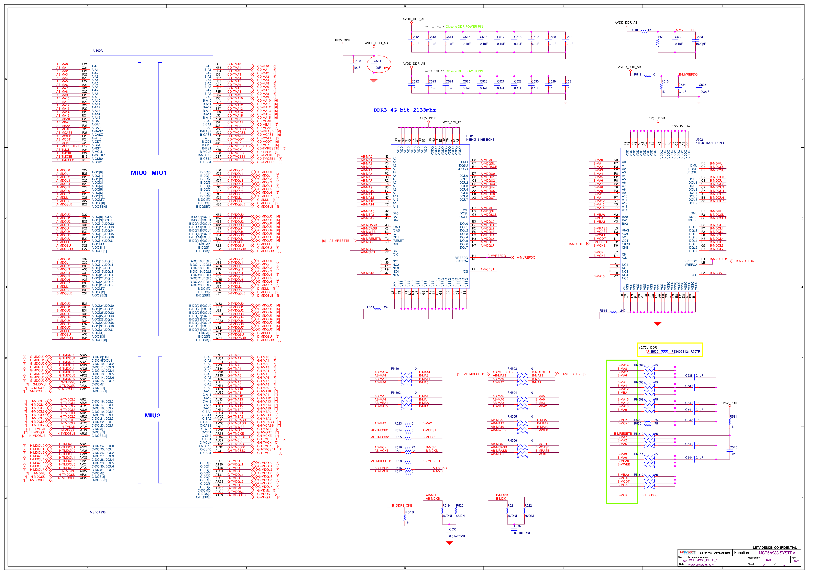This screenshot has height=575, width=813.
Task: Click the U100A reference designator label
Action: coord(98,51)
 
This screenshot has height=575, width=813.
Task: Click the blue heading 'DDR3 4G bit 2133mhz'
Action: coord(404,110)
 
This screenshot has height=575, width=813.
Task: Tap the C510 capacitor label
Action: coord(357,61)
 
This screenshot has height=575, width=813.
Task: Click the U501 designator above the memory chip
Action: coord(470,136)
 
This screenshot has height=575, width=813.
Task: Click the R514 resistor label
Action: coord(370,307)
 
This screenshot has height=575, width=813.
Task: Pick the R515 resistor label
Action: coord(603,311)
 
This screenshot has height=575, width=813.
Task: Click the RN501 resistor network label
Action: coord(396,369)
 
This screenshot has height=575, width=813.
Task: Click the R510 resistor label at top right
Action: coord(634,30)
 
